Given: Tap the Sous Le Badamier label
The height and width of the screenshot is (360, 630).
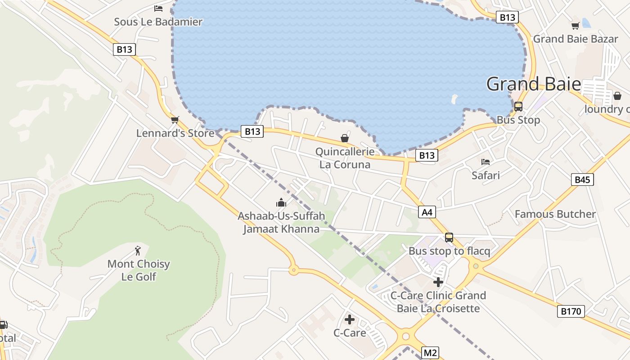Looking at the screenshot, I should tap(158, 22).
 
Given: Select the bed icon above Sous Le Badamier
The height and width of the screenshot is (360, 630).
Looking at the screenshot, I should tap(158, 8).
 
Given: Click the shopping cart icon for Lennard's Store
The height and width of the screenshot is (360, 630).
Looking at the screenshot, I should tap(175, 120).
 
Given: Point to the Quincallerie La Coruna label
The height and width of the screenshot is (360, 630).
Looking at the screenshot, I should tap(345, 158).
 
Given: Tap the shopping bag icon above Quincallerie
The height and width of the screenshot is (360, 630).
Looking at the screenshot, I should tap(345, 138).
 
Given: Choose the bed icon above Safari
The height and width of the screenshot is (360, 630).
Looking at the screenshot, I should tap(486, 162).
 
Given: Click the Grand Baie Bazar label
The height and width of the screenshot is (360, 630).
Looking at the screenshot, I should tap(576, 39).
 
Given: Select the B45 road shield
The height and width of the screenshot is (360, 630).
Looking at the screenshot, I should tap(582, 180).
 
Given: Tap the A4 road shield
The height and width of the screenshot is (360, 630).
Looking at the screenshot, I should tap(427, 212).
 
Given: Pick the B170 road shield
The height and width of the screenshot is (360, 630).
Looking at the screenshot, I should tap(571, 311).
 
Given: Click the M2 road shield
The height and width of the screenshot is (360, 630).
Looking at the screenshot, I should tap(430, 353).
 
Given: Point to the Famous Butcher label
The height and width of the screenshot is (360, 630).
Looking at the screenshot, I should tap(555, 214).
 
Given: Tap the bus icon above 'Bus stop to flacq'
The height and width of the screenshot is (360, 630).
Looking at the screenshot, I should tap(449, 237).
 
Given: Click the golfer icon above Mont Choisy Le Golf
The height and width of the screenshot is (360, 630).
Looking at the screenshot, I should tap(138, 250).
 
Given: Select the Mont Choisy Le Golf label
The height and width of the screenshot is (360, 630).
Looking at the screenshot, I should tap(139, 270).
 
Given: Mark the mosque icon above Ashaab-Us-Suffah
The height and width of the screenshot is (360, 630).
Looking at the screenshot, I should tap(281, 202).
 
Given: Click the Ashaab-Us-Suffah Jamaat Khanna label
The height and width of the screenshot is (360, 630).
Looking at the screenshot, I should tap(281, 222).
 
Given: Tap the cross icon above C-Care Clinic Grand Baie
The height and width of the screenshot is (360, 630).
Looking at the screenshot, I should tap(438, 282).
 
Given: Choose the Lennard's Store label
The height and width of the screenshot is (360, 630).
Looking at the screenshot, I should tap(175, 134).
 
